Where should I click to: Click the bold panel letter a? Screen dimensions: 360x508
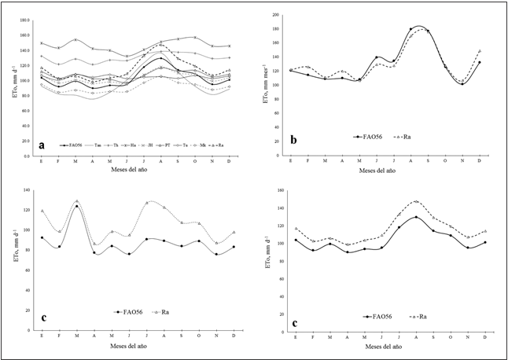click(42, 145)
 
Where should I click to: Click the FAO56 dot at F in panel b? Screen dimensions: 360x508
click(307, 75)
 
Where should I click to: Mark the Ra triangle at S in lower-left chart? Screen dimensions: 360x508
click(182, 222)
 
